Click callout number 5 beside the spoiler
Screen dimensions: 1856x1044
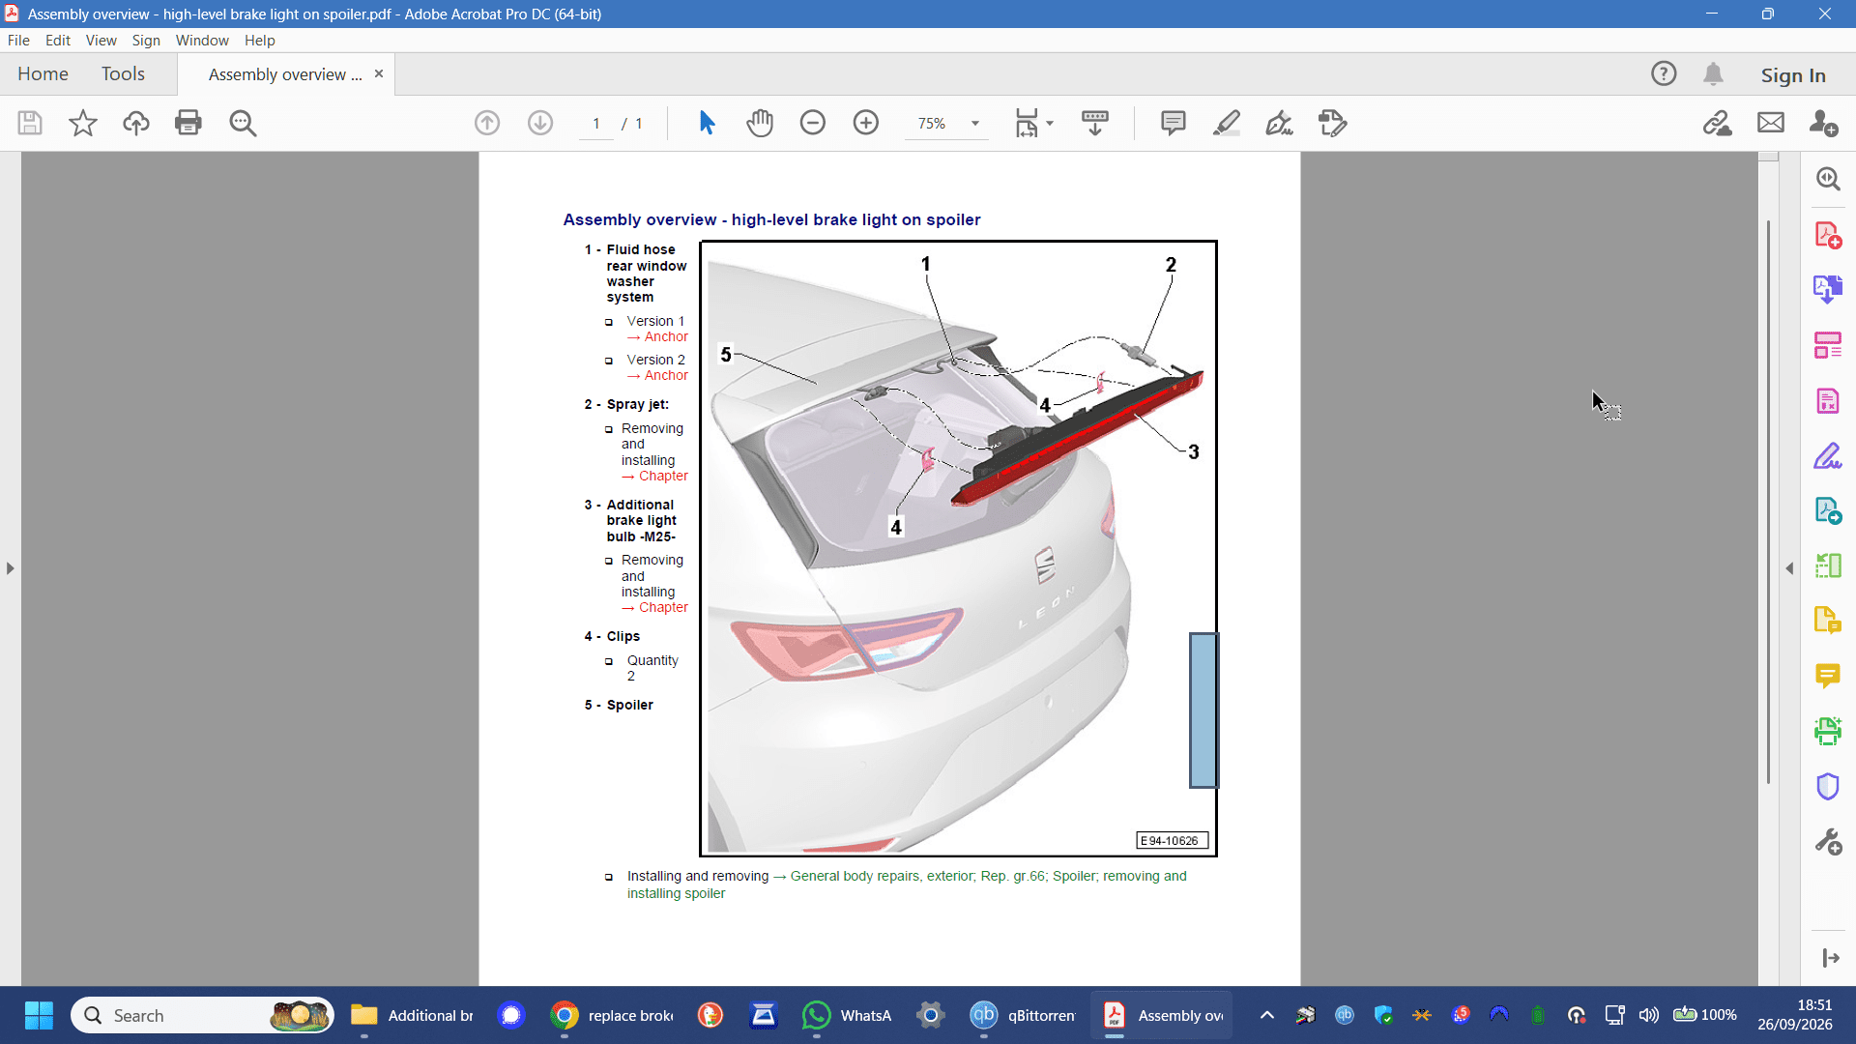(x=726, y=355)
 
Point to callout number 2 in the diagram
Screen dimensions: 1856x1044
(x=1171, y=265)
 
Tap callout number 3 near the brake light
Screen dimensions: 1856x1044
(x=1194, y=452)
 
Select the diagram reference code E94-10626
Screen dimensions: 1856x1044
(x=1172, y=841)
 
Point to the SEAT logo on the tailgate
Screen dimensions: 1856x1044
(x=1045, y=565)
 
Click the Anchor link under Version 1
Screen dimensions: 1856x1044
(x=666, y=337)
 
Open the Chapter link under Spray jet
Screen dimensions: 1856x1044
(x=663, y=477)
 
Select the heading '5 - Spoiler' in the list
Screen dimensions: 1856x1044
(x=619, y=706)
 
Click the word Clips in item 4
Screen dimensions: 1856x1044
(x=623, y=637)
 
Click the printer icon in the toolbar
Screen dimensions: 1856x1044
(x=188, y=123)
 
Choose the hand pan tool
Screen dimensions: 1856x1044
(x=760, y=123)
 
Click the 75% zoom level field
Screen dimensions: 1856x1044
(x=932, y=124)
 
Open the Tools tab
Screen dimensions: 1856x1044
(x=123, y=74)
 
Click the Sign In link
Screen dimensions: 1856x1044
(x=1793, y=75)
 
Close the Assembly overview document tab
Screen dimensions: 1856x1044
(x=379, y=74)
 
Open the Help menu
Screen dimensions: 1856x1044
(x=259, y=41)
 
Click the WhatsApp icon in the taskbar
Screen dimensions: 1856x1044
(x=817, y=1015)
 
